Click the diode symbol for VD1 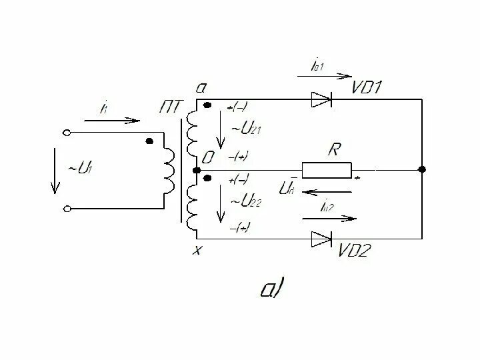coord(321,100)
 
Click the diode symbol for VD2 coord(321,238)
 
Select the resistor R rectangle coord(327,170)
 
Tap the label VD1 coord(366,87)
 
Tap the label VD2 coord(357,251)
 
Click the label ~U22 coord(245,201)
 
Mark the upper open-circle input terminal coord(67,132)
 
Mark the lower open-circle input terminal coord(67,209)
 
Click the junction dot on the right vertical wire coord(421,170)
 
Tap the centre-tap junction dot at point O coord(196,170)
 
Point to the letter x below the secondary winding coord(197,250)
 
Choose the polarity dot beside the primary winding coord(149,141)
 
